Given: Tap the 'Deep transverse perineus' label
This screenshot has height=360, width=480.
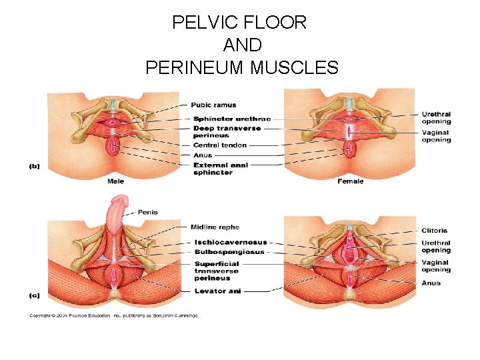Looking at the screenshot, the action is coord(227,131).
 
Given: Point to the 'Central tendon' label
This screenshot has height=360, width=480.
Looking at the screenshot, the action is coord(219,145).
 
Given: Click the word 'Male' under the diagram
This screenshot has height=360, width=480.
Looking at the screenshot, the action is coord(116,181).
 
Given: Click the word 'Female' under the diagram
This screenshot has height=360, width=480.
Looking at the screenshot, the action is coord(350,181).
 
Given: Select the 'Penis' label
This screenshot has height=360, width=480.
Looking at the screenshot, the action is coord(147,212).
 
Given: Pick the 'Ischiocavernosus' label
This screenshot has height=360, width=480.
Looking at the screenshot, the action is coord(230,242).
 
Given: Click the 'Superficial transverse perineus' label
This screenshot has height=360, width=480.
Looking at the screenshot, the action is coord(216,271).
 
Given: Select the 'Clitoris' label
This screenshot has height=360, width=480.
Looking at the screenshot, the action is coord(435,231).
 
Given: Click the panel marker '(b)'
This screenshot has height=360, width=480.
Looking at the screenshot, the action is coord(33,167).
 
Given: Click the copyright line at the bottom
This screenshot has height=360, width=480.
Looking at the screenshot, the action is coord(113,316).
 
